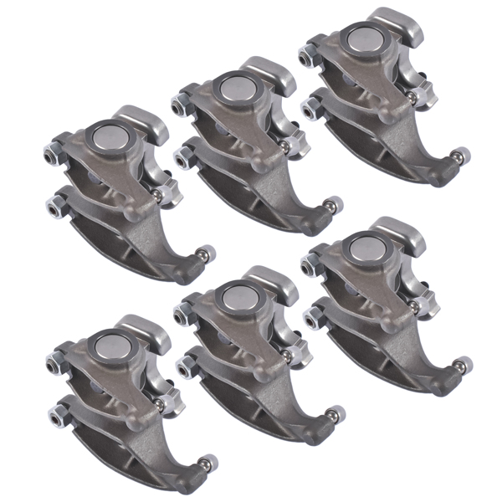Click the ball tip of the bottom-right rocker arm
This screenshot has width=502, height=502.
click(x=462, y=363)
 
